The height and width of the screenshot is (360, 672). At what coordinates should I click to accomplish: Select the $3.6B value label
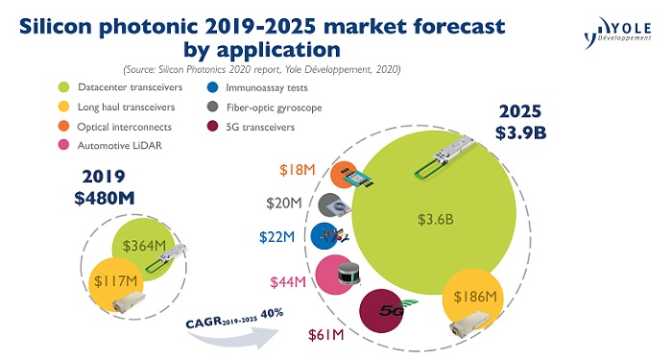coord(434,219)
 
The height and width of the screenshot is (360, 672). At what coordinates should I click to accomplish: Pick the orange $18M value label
coord(299,171)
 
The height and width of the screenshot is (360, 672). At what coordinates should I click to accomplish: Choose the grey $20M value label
coord(286,204)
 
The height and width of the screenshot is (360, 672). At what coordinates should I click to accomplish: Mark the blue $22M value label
coord(284,236)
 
